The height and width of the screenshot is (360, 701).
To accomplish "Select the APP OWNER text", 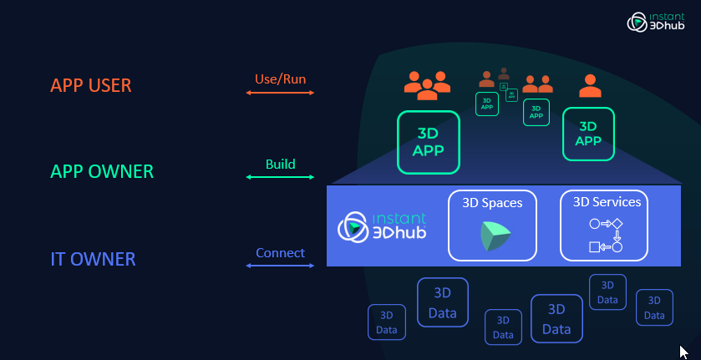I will (x=102, y=172).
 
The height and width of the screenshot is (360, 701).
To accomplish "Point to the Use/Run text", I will (x=280, y=79).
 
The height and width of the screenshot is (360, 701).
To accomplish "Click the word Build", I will (x=280, y=165).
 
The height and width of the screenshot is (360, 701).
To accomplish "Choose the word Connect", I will (x=280, y=252).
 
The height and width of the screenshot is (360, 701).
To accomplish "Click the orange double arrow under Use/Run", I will (x=280, y=93).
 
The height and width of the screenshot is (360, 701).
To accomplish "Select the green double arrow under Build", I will (x=280, y=177).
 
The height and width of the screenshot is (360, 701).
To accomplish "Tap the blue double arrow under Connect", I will (x=280, y=266).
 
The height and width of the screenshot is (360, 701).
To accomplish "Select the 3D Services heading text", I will (x=607, y=201).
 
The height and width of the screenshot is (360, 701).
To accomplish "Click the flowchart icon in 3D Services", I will (x=607, y=236).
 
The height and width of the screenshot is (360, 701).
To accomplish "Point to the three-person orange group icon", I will (x=427, y=82).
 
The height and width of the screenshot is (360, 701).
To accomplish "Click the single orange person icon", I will (x=591, y=85).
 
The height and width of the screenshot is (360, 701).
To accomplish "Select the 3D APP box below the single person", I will (x=588, y=134).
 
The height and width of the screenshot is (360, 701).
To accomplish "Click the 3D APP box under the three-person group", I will (x=428, y=142).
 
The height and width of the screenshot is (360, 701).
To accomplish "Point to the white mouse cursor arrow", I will (x=683, y=352).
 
